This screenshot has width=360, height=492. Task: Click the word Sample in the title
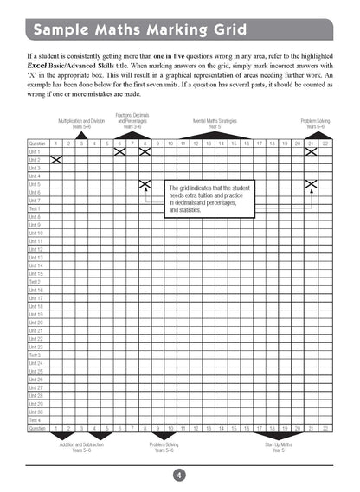(61, 33)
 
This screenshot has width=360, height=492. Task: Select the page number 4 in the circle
(179, 475)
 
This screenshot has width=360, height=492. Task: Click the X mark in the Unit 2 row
(56, 160)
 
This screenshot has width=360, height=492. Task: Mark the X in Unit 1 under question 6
(119, 151)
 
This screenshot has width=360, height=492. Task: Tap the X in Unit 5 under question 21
(311, 184)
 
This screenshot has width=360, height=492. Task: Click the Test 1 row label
(35, 208)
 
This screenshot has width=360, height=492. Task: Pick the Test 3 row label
(35, 355)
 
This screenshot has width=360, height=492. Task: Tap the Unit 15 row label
(35, 273)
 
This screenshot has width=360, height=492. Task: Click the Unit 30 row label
(35, 412)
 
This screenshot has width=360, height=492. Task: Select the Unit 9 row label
(35, 225)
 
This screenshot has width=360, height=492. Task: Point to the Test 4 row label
(35, 420)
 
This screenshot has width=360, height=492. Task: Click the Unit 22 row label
(35, 339)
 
